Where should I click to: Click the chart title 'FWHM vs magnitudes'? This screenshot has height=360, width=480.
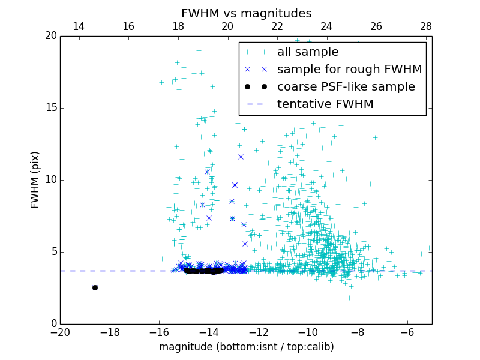tap(246, 13)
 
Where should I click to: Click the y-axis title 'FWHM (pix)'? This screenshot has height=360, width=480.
tap(35, 180)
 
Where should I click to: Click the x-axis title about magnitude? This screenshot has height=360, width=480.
tap(246, 347)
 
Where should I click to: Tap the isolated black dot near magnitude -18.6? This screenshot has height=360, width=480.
tap(95, 287)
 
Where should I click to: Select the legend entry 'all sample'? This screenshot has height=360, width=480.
tap(307, 52)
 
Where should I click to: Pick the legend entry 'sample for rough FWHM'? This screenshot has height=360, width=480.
tap(349, 70)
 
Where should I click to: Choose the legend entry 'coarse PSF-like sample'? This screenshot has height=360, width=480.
tap(346, 87)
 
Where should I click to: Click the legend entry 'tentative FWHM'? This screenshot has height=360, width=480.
tap(325, 104)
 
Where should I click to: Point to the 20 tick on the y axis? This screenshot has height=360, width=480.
tap(50, 36)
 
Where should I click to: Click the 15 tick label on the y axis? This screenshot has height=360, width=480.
tap(50, 108)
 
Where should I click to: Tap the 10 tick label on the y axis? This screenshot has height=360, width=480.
tap(50, 180)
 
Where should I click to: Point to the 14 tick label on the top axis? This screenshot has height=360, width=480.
tap(79, 26)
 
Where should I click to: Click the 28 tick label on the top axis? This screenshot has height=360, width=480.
tap(426, 26)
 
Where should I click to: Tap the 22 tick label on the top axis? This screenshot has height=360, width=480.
tap(277, 26)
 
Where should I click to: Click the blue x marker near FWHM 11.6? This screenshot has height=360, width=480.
tap(241, 157)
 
